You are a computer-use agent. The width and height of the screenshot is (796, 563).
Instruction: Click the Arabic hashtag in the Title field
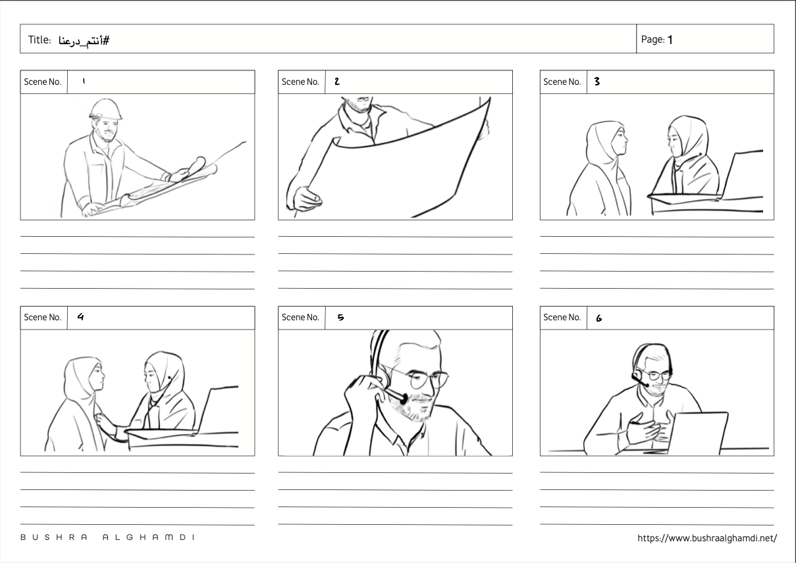click(x=84, y=41)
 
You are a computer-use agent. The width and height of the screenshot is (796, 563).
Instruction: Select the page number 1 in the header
click(x=670, y=39)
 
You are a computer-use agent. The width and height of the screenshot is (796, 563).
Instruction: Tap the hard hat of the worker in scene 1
click(x=105, y=109)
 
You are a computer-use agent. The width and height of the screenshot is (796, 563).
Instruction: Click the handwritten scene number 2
click(x=337, y=82)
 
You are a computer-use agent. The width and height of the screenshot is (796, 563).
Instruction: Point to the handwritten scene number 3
click(x=597, y=82)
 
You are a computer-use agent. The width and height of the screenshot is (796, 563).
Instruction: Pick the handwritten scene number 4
click(x=81, y=316)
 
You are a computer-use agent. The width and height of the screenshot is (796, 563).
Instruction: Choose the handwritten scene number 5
click(x=340, y=317)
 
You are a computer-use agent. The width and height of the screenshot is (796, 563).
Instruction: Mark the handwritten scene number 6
click(x=598, y=318)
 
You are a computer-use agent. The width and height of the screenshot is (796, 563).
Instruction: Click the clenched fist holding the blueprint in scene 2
click(x=306, y=199)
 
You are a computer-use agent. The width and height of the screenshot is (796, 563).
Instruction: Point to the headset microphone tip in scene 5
click(x=404, y=399)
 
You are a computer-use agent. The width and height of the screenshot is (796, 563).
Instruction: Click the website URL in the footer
click(x=707, y=538)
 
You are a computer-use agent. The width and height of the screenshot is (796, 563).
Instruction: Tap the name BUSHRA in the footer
click(x=54, y=537)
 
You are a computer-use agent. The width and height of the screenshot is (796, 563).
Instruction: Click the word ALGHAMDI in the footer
click(x=149, y=537)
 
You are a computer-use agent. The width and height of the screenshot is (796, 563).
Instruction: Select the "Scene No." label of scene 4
click(x=43, y=317)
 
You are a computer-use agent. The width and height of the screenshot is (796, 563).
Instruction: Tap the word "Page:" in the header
click(x=652, y=39)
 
